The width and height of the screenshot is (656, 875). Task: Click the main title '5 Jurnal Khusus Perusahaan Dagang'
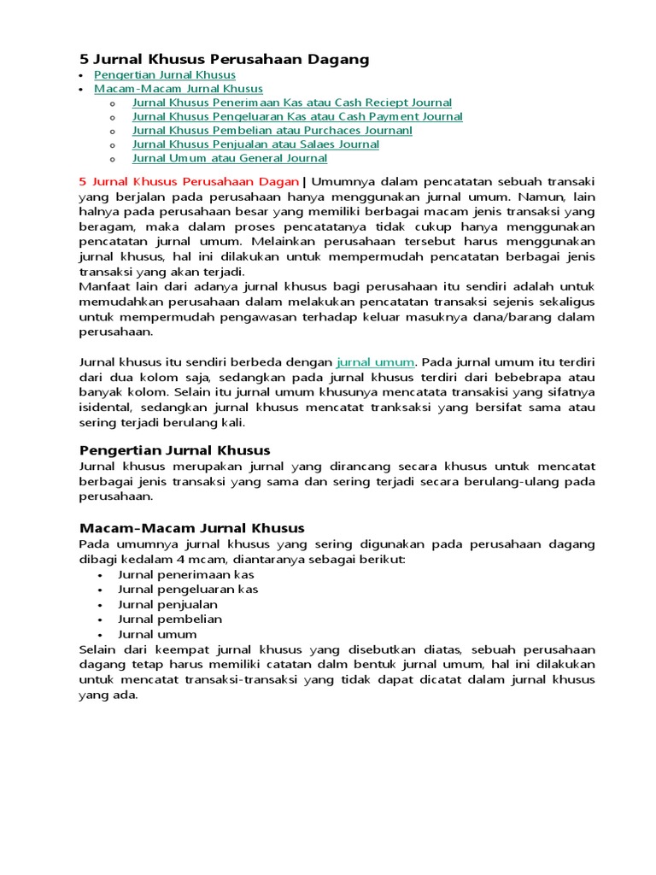click(224, 59)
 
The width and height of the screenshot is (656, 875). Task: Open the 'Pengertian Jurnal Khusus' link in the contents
click(164, 75)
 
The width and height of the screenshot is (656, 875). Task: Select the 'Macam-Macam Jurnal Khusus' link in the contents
click(178, 89)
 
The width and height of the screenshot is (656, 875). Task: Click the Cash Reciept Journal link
click(291, 103)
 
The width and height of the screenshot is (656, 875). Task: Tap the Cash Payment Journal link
click(297, 116)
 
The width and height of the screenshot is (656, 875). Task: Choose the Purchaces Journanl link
click(272, 130)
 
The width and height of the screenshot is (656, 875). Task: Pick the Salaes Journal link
click(255, 144)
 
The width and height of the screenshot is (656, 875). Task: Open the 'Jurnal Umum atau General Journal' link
click(229, 158)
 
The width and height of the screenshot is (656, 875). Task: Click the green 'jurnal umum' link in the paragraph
click(376, 362)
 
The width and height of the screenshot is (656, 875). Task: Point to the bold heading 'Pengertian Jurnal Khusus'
click(174, 450)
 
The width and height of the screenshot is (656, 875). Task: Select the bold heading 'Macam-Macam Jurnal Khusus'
click(191, 528)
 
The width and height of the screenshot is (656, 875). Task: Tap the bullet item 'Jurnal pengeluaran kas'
click(187, 589)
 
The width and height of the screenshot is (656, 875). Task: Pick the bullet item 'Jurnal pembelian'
click(169, 619)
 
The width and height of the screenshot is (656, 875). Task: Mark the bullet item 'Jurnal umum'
click(157, 634)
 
